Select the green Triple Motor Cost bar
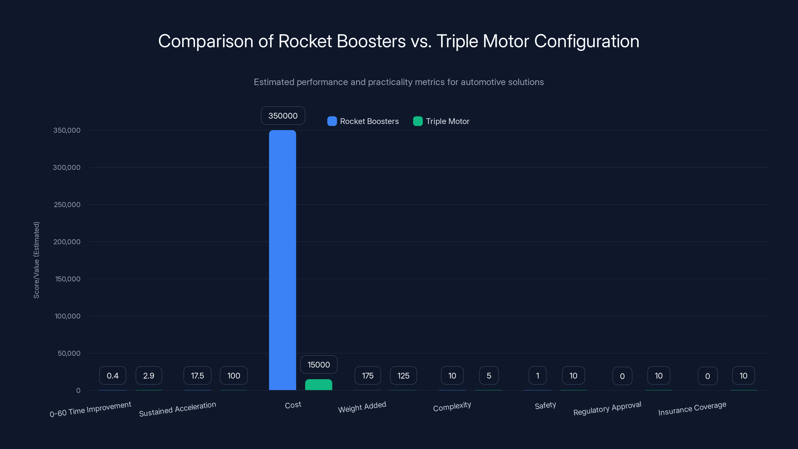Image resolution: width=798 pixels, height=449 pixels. click(x=318, y=385)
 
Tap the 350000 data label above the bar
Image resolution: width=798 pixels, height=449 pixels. click(x=283, y=115)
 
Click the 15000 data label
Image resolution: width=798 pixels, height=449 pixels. click(x=318, y=365)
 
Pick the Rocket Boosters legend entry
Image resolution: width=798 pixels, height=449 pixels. click(x=363, y=121)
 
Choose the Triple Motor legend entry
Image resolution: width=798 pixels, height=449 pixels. click(x=441, y=121)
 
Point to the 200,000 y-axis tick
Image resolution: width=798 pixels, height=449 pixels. click(x=67, y=242)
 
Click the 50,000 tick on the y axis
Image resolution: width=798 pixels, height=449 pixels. click(x=69, y=353)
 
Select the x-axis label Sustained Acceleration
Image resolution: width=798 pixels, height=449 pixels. click(x=177, y=409)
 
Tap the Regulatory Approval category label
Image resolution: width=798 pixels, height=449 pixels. click(x=607, y=408)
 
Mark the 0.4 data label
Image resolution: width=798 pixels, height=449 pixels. click(x=112, y=376)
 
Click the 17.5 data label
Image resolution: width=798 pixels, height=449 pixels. click(x=197, y=376)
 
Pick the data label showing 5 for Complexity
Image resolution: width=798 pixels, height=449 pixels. click(x=489, y=376)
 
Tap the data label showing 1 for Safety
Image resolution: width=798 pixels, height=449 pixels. click(x=537, y=376)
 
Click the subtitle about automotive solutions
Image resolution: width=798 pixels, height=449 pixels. click(x=399, y=82)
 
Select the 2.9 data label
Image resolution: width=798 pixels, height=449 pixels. click(x=149, y=376)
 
